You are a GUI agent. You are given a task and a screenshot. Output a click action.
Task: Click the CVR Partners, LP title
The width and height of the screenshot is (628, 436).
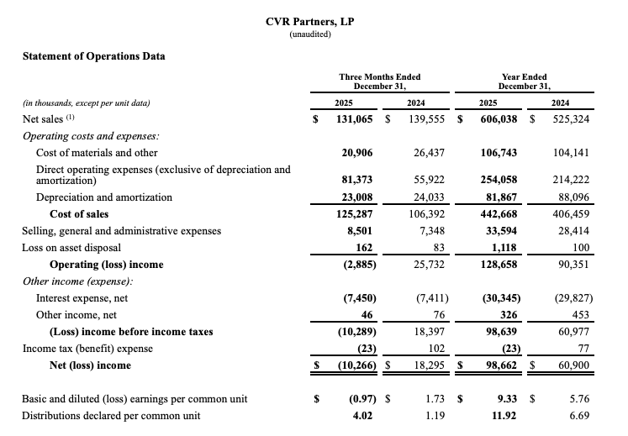309,22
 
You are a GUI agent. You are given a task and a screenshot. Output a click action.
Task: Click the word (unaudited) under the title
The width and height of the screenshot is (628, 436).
310,34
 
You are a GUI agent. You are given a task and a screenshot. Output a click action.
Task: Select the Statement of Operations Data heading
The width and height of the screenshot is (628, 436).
93,56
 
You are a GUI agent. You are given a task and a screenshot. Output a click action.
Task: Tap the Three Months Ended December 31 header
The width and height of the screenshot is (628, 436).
380,81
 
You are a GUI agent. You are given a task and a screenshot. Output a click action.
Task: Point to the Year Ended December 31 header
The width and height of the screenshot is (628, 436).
525,81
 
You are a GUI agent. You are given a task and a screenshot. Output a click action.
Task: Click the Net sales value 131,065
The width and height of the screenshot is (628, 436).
355,119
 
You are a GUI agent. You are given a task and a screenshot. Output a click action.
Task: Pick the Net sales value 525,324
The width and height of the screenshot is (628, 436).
571,119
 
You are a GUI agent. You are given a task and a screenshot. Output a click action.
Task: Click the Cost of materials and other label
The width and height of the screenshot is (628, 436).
97,153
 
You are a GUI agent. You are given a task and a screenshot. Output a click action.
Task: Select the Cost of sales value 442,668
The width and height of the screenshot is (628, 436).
499,214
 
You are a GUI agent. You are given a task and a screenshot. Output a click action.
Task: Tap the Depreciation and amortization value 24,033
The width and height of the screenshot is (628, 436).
430,197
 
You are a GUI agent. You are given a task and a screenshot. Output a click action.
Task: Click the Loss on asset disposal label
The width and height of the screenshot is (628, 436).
71,248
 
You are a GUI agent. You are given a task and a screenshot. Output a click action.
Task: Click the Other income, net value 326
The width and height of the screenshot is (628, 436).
509,315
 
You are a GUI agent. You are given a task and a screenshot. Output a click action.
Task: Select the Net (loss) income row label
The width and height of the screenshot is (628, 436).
90,365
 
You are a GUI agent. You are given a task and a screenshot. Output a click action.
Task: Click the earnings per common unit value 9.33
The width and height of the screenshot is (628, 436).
507,399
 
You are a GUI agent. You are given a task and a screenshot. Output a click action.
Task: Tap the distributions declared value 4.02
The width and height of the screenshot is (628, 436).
362,416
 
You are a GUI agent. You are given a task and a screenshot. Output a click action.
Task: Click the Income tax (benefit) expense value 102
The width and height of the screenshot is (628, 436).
436,349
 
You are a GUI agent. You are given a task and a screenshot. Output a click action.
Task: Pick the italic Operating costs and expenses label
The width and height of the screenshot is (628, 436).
91,137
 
